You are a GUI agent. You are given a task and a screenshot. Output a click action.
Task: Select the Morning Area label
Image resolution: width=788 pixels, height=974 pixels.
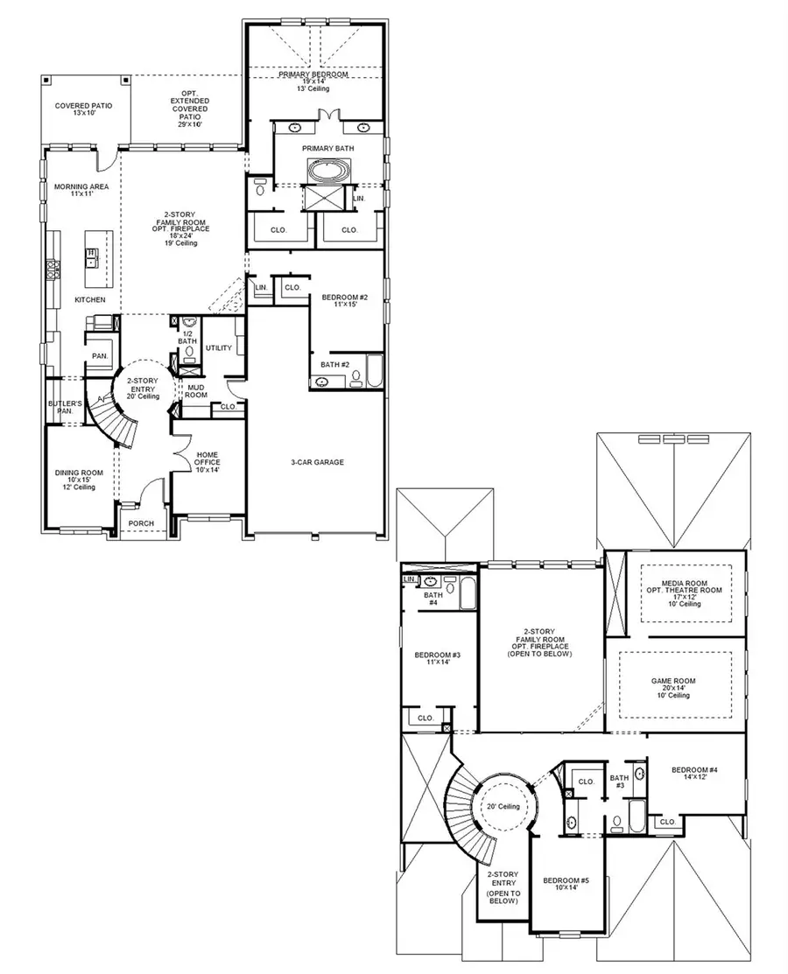[74, 190]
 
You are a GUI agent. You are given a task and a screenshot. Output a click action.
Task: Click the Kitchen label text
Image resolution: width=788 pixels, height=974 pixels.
[89, 299]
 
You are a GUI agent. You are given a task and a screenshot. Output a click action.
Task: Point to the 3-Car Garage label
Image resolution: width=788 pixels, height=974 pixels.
[317, 462]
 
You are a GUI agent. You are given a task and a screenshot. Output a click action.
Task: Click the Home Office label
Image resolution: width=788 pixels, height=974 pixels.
[208, 461]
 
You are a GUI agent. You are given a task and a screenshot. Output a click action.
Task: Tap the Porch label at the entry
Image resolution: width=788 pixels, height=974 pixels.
[140, 523]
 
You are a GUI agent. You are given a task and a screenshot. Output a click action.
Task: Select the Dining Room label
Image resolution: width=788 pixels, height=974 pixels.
[80, 477]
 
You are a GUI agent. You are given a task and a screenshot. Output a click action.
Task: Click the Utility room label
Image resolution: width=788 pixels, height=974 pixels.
[218, 348]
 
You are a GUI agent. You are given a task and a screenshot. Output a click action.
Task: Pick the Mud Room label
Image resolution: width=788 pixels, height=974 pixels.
[195, 390]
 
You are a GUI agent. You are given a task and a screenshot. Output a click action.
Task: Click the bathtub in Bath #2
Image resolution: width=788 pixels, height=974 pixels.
[374, 372]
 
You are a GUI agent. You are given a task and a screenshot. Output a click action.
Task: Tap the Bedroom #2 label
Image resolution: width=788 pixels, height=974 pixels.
[344, 301]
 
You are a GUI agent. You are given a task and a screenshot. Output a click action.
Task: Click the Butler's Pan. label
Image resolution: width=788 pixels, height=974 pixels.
[65, 407]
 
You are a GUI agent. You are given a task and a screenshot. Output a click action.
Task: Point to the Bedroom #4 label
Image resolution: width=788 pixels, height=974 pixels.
[694, 774]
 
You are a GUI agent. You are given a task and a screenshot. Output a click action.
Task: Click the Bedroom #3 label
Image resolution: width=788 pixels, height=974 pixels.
[438, 659]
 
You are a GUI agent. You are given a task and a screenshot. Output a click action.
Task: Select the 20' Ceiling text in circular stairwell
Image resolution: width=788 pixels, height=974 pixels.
[503, 806]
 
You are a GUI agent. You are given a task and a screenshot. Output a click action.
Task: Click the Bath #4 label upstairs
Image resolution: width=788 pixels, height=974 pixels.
[433, 599]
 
